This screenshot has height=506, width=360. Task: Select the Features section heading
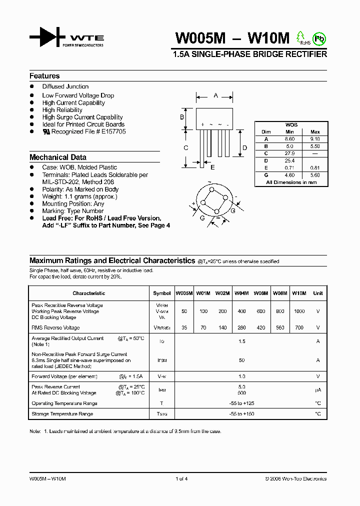44,76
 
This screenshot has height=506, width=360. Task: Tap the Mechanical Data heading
58,157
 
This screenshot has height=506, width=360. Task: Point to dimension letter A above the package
215,94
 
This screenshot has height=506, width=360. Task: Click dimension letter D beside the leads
244,148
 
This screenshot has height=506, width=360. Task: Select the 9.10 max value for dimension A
315,139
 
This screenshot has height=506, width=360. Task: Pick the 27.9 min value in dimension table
290,153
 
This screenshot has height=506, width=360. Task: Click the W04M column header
241,293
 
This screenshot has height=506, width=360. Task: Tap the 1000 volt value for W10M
299,311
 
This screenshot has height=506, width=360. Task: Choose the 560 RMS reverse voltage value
280,328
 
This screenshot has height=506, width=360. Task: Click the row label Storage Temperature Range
62,414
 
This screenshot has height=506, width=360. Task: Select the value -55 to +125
241,403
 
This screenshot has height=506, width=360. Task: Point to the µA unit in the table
318,390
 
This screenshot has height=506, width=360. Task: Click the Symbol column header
161,293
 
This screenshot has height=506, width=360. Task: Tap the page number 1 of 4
181,479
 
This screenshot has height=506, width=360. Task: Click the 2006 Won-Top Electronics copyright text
295,479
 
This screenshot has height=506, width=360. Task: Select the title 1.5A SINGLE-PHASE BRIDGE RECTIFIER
249,54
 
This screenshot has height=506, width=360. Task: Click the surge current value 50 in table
241,360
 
